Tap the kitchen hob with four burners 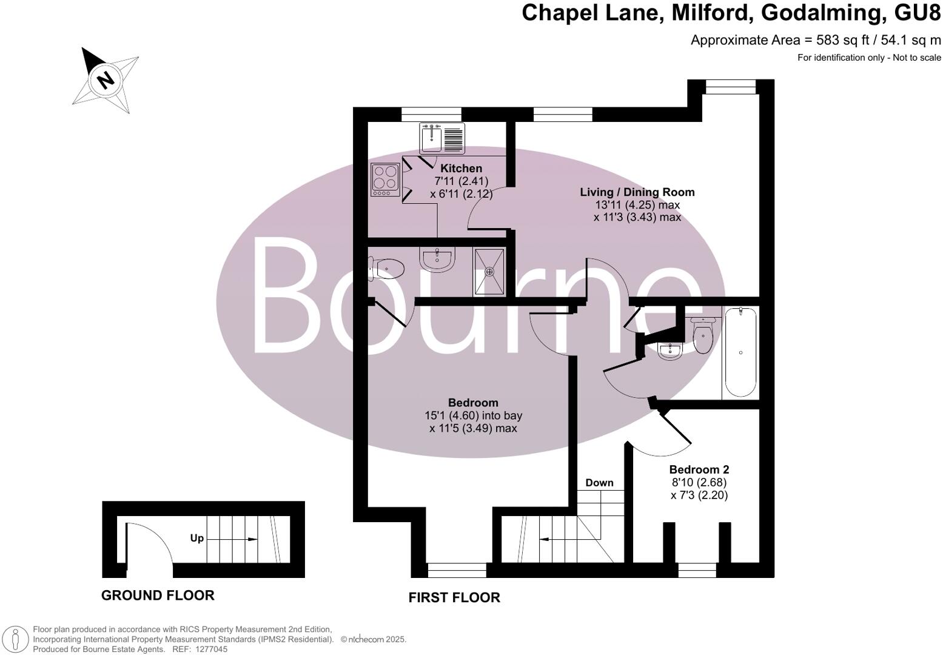point(385,180)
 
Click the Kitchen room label point(461,169)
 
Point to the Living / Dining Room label point(637,192)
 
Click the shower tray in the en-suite point(489,272)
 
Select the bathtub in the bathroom point(740,352)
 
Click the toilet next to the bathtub point(703,335)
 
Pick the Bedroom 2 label point(699,469)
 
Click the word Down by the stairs point(599,483)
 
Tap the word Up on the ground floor point(197,538)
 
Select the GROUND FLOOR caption point(158,596)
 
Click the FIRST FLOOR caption point(454,598)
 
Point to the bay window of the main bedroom point(457,569)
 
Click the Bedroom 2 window point(697,570)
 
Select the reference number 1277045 point(209,649)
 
